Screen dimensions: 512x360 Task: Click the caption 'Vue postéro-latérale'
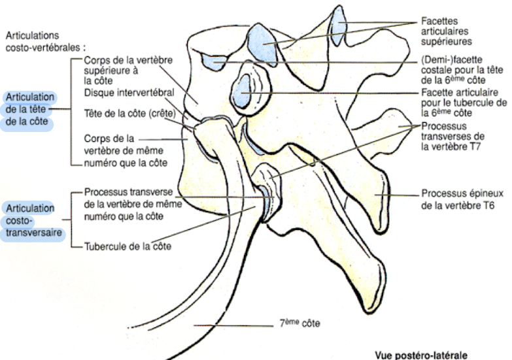pyautogui.click(x=422, y=355)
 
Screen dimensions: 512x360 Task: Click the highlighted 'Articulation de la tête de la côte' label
pyautogui.click(x=29, y=110)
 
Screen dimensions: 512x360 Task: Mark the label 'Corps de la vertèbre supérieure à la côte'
pyautogui.click(x=128, y=71)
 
